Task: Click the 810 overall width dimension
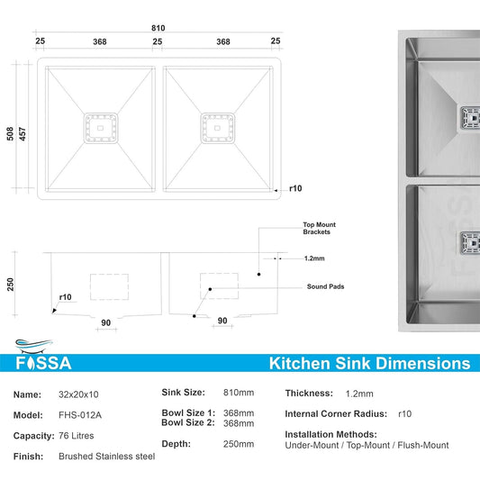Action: (x=158, y=28)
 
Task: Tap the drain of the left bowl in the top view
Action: (x=101, y=128)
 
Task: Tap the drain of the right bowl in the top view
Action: (x=217, y=128)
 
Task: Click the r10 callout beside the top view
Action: (x=294, y=189)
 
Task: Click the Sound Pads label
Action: (x=325, y=286)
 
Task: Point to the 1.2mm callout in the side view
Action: (x=313, y=258)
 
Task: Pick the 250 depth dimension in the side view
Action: (x=11, y=284)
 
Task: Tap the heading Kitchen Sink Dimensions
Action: (x=369, y=364)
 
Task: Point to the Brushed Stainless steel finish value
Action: (x=107, y=457)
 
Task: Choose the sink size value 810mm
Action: (x=239, y=393)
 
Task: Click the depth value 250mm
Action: (x=239, y=443)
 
